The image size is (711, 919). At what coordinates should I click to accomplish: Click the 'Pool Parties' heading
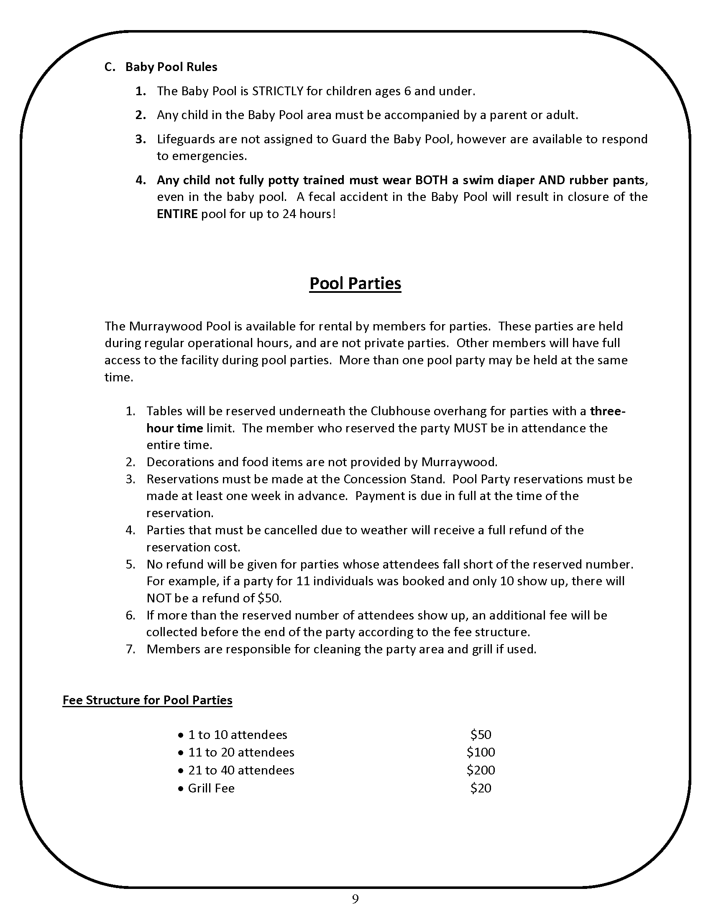pos(355,283)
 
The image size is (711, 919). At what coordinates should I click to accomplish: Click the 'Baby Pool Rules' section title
pos(171,67)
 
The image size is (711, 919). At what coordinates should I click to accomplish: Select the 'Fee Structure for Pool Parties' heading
pos(147,700)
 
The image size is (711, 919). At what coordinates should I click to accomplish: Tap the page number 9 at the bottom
pos(355,899)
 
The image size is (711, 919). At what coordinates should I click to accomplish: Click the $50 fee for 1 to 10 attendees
pos(481,734)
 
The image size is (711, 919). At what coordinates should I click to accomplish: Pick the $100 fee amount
pos(481,752)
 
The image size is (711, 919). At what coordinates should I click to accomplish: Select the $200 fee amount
pos(481,770)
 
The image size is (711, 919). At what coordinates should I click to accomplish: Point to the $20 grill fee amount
pos(481,788)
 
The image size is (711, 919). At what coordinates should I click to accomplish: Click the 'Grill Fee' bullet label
pos(211,788)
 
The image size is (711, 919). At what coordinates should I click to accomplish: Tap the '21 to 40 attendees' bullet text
pos(241,770)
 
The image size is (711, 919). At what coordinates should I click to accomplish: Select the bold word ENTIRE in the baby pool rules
pos(177,214)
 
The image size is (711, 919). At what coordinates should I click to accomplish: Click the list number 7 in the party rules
pos(130,649)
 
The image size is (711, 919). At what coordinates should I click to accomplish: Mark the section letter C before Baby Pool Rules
pos(109,67)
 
